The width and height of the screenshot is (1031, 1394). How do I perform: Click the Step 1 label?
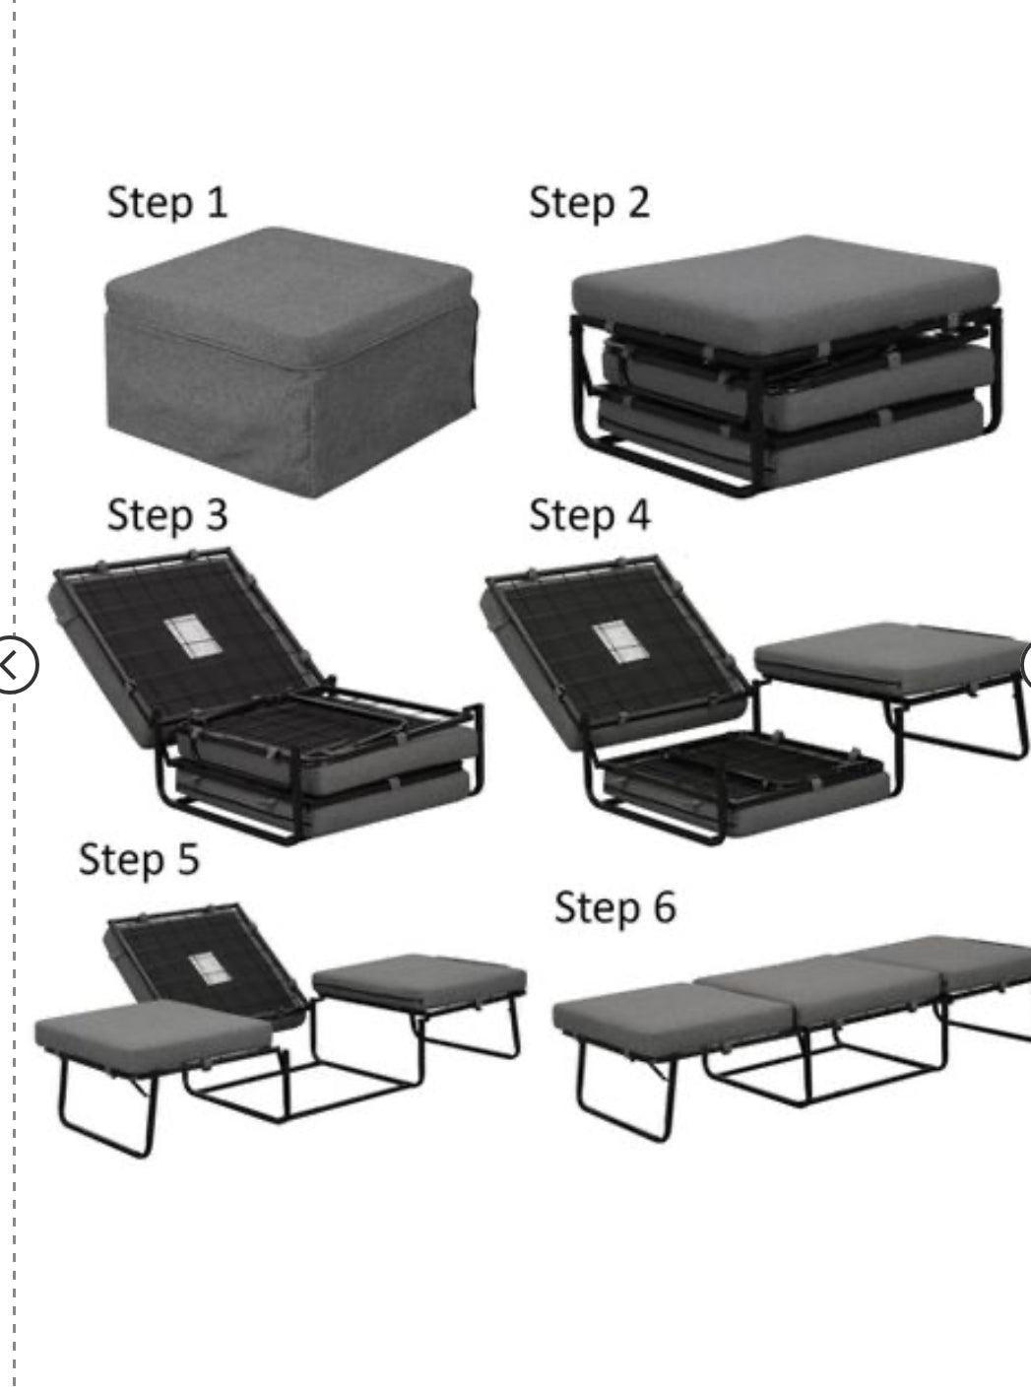pyautogui.click(x=167, y=202)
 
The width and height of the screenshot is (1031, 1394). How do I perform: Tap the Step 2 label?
pyautogui.click(x=589, y=202)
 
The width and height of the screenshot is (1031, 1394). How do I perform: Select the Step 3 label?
pyautogui.click(x=167, y=515)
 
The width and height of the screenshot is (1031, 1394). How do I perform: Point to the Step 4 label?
pyautogui.click(x=589, y=515)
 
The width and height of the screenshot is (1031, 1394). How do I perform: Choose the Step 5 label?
pyautogui.click(x=139, y=859)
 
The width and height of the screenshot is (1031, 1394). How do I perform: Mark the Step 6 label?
pyautogui.click(x=615, y=907)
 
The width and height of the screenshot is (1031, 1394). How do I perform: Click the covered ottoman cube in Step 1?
pyautogui.click(x=290, y=362)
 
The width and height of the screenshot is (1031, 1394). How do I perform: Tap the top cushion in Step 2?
pyautogui.click(x=786, y=284)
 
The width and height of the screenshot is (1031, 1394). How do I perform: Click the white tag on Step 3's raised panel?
pyautogui.click(x=192, y=636)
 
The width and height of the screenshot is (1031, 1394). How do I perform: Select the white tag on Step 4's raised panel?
pyautogui.click(x=620, y=641)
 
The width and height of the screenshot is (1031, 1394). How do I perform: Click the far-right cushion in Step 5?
pyautogui.click(x=419, y=981)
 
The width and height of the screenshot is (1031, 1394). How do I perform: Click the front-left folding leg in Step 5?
pyautogui.click(x=106, y=1109)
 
